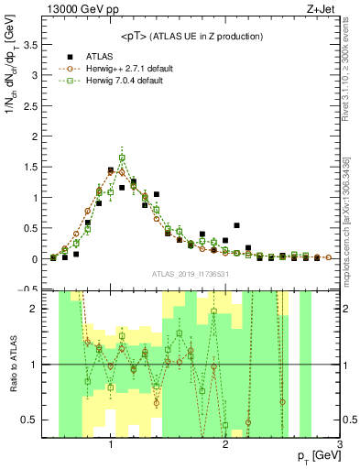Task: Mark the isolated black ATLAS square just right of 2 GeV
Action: (x=236, y=224)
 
